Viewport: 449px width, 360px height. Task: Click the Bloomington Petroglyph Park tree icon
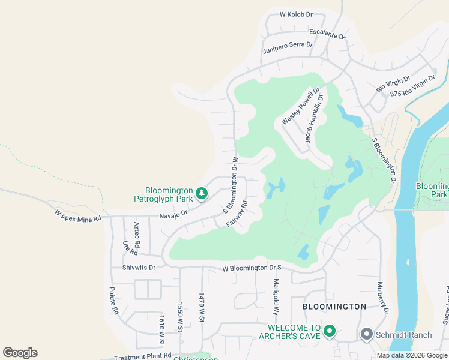point(203,193)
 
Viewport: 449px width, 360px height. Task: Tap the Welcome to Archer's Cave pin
point(329,331)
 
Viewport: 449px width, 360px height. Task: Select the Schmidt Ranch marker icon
point(366,334)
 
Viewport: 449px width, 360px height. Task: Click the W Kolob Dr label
point(297,14)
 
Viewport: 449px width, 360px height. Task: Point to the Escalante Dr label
point(327,34)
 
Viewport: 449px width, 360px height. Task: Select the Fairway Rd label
point(237,214)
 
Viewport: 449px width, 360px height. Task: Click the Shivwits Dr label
point(139,268)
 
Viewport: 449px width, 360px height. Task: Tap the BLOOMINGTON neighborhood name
point(334,307)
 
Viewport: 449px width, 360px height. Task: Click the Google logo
point(20,353)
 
